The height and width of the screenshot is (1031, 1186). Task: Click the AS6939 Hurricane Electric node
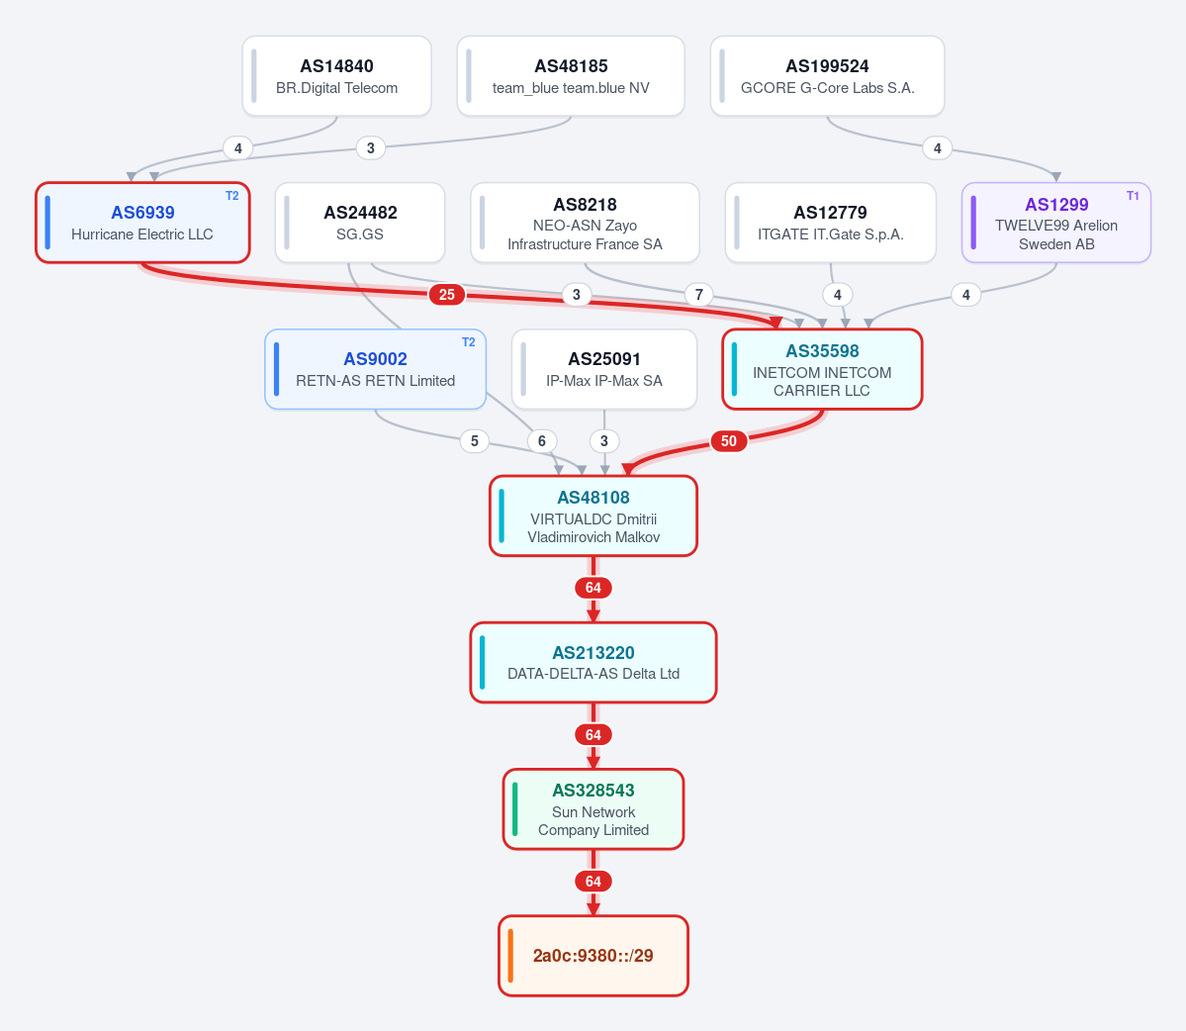143,223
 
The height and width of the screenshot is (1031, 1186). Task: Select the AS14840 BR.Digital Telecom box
336,76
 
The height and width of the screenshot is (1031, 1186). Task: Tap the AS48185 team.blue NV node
571,76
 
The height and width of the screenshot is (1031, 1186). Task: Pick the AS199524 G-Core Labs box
828,76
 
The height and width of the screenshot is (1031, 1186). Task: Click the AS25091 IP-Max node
604,369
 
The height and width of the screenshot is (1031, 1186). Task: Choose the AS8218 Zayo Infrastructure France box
585,223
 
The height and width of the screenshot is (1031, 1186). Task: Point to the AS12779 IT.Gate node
831,223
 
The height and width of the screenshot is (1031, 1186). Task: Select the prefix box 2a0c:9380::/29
593,956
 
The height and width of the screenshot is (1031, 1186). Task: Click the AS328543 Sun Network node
593,809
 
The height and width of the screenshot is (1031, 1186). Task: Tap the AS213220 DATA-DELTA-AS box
593,663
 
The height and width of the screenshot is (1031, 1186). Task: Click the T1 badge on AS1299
1133,196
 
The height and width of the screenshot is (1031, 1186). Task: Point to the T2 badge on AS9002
468,342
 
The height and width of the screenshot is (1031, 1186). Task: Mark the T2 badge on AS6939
232,196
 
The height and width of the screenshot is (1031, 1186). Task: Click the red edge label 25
447,294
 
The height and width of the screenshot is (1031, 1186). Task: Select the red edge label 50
728,441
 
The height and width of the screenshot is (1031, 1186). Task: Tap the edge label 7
699,294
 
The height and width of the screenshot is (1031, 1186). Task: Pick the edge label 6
542,441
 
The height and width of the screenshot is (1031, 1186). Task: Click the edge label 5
474,441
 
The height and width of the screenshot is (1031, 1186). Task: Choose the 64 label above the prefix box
593,882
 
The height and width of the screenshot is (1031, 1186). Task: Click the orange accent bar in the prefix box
510,956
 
